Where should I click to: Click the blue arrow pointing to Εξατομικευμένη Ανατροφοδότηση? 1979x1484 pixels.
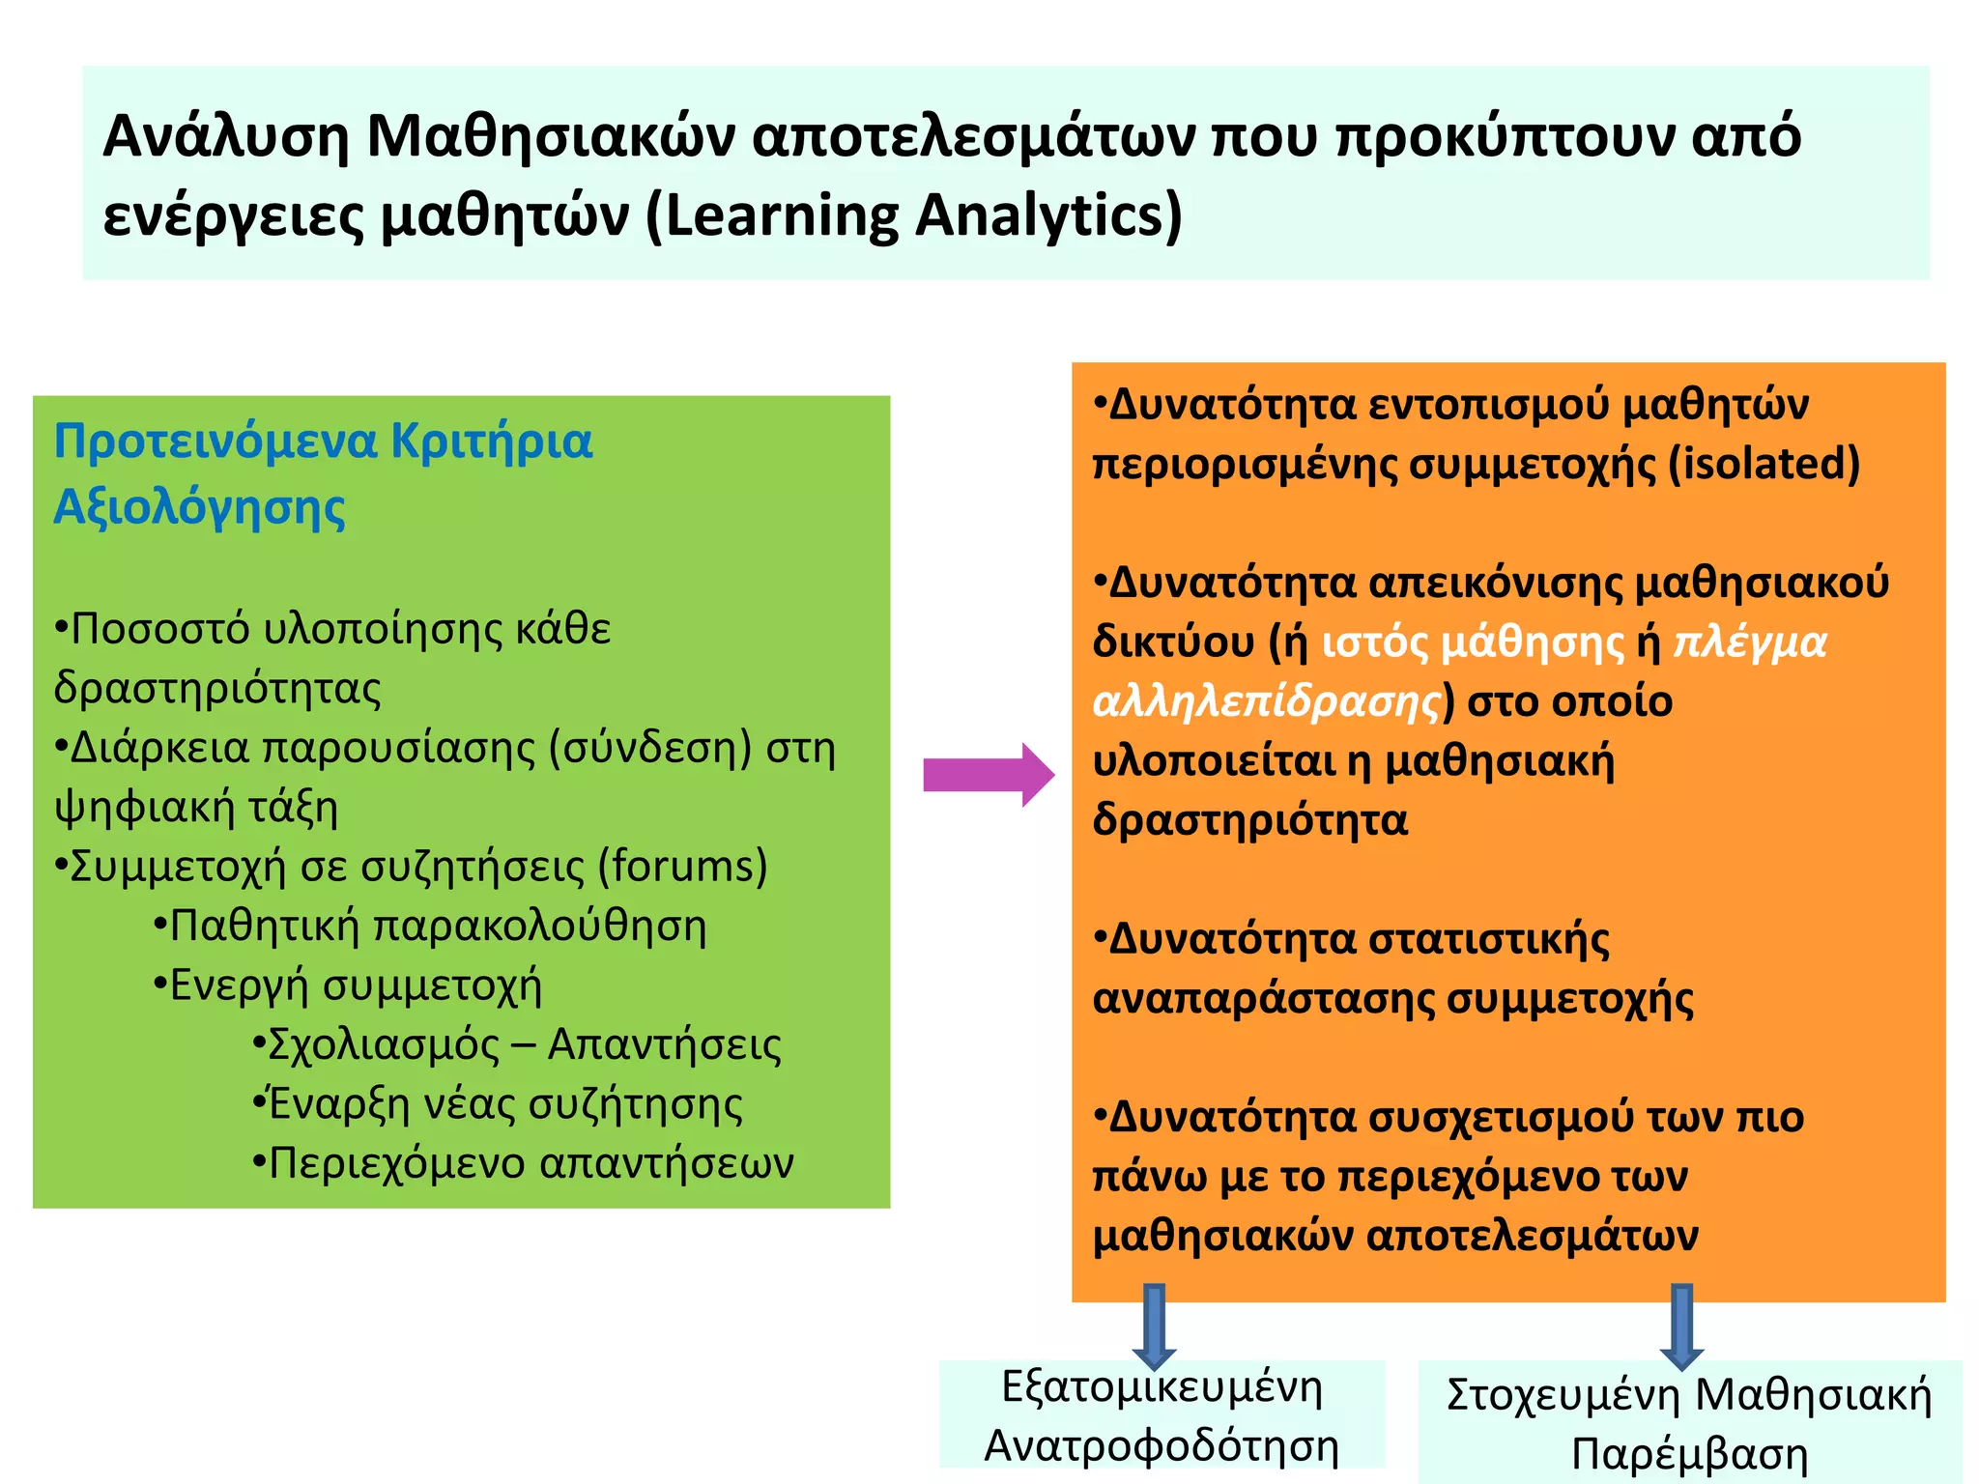click(x=1154, y=1325)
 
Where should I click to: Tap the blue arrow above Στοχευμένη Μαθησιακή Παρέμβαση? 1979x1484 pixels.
click(x=1681, y=1325)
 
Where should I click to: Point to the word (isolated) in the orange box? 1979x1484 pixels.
click(x=1764, y=464)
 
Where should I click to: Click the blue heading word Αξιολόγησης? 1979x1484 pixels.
click(x=199, y=508)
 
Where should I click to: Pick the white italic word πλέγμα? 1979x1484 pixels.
click(x=1750, y=642)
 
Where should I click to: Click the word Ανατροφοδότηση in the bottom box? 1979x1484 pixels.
click(x=1162, y=1446)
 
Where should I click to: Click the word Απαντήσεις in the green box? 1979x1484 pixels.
click(x=665, y=1045)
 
